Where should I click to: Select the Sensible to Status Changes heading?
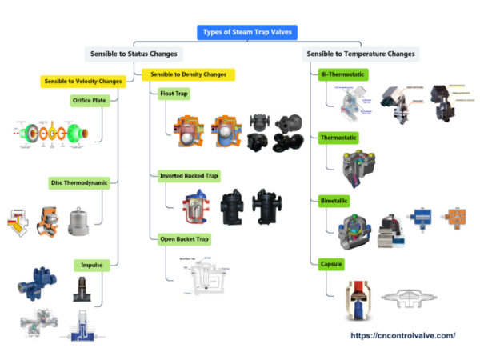click(134, 54)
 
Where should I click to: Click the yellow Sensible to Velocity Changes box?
click(83, 81)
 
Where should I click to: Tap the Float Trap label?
click(174, 94)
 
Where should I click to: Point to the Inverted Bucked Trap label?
click(190, 174)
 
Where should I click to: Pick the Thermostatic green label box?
click(340, 138)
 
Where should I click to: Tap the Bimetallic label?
click(335, 200)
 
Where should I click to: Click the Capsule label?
click(333, 262)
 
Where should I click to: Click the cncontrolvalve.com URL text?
click(403, 335)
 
